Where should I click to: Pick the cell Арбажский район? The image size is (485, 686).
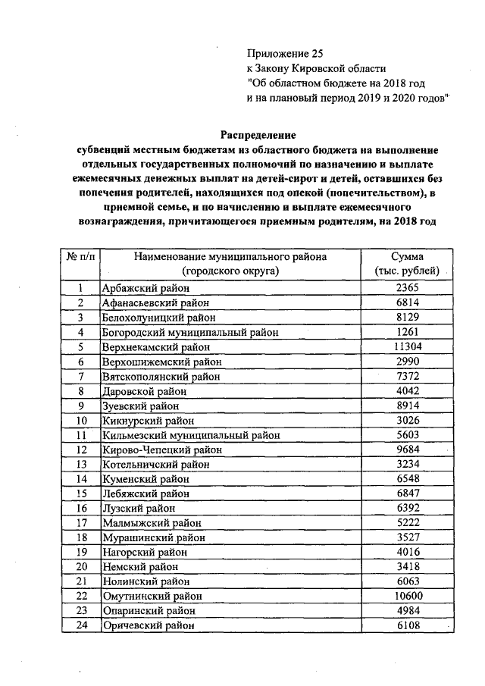tap(145, 289)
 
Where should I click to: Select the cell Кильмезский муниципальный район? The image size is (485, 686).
tap(191, 435)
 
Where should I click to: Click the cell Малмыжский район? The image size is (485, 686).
tap(149, 523)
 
